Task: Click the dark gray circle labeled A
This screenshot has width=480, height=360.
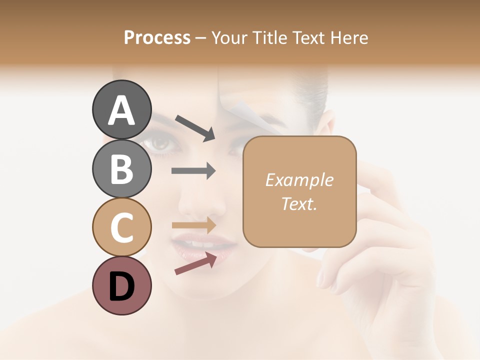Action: pos(121,110)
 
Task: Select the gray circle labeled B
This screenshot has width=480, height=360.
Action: pos(121,169)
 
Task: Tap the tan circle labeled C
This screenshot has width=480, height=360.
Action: pos(121,227)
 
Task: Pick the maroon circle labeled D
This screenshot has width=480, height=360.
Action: pos(121,286)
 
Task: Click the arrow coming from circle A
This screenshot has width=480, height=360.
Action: pos(195,127)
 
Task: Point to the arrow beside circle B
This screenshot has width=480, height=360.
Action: pos(193,171)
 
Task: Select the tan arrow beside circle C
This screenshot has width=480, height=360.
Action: pos(194,225)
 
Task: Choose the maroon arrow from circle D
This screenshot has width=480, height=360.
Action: pos(195,263)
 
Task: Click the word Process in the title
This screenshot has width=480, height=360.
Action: pos(157,37)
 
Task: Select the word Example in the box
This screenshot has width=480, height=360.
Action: pos(299,180)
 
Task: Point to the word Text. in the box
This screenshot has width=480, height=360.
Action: pos(299,204)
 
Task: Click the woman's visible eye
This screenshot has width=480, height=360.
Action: pos(160,143)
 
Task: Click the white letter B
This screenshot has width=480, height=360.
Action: pos(121,169)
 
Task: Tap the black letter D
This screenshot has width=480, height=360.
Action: pos(121,286)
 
